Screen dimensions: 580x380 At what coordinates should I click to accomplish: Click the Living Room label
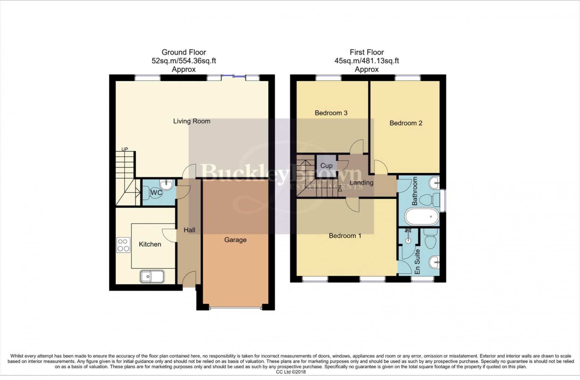click(192, 121)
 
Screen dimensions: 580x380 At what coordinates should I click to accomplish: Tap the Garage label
click(235, 240)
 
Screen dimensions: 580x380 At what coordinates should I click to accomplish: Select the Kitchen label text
click(150, 244)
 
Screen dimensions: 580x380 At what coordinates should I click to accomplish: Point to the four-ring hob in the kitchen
click(123, 245)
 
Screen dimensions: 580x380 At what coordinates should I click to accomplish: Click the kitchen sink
click(152, 277)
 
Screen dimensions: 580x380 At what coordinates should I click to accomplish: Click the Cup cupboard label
click(326, 166)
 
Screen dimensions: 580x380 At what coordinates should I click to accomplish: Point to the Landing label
click(361, 183)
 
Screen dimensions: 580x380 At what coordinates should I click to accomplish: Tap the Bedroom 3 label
click(331, 113)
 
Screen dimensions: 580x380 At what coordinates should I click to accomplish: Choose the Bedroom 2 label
click(406, 123)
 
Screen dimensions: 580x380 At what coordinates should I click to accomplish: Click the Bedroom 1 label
click(345, 236)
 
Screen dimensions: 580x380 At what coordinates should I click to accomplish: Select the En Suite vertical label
click(417, 261)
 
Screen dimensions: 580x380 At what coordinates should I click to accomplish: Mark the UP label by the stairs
click(125, 149)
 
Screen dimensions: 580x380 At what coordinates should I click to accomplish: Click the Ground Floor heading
click(184, 52)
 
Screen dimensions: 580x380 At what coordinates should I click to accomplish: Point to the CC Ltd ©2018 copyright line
click(291, 372)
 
